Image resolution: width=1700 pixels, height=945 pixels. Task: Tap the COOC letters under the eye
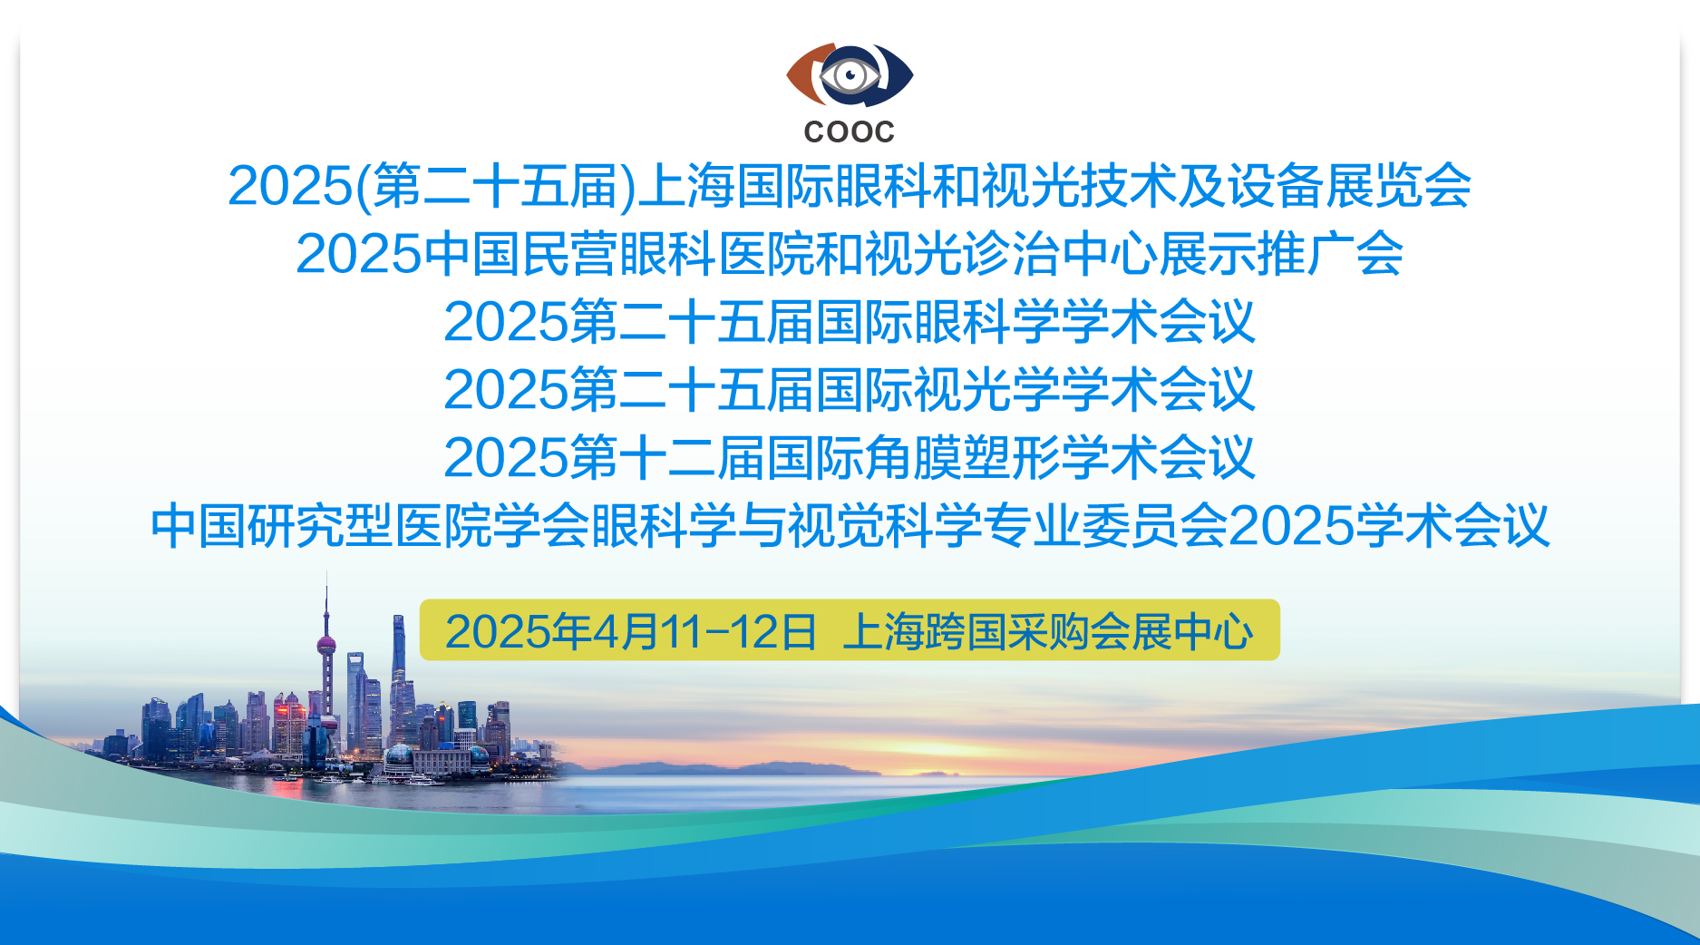850,132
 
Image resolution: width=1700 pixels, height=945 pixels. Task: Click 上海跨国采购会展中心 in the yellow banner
1048,631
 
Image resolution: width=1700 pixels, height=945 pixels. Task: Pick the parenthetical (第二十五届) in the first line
496,186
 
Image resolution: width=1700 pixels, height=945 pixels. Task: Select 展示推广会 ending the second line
1282,254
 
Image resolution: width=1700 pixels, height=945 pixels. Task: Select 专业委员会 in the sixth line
1106,526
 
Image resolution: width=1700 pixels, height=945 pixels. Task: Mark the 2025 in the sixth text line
1293,526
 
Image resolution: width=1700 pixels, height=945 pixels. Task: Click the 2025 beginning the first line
290,186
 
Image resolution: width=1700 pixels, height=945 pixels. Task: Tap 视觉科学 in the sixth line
885,526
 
